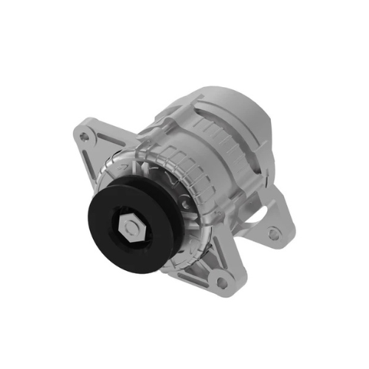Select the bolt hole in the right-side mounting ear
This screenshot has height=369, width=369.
click(274, 235)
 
